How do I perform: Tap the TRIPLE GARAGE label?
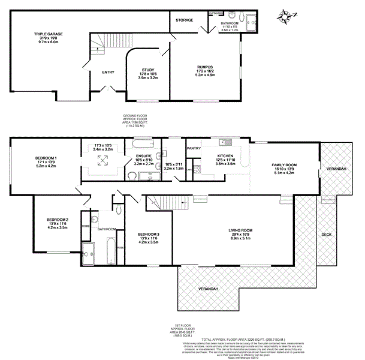click(x=51, y=34)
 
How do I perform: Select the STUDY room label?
click(x=147, y=70)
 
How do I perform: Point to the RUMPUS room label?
click(x=205, y=67)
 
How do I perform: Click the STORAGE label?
click(x=185, y=20)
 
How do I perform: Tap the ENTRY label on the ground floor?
click(x=108, y=73)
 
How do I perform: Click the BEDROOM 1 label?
click(x=46, y=158)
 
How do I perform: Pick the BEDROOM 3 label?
click(x=147, y=233)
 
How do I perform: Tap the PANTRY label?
click(x=194, y=148)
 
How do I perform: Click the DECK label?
click(x=326, y=235)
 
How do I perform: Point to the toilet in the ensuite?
click(x=132, y=176)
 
